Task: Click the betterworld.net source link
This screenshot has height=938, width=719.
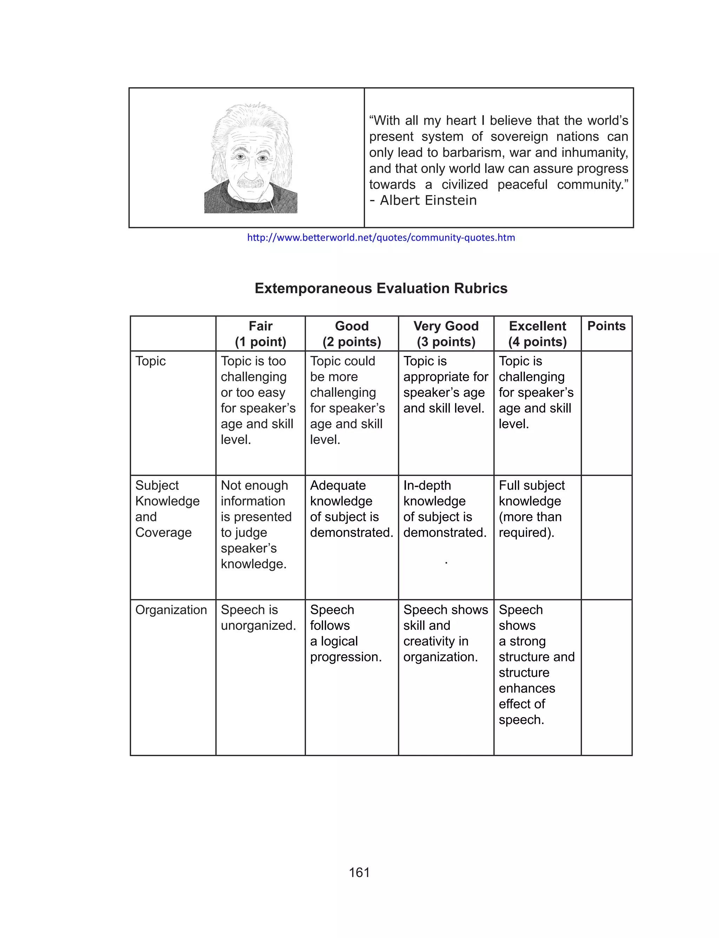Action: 381,238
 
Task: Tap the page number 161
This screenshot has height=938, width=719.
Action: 359,873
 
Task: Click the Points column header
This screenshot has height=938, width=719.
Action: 606,326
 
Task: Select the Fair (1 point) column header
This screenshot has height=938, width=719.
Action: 260,334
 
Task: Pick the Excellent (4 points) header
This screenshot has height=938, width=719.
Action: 537,334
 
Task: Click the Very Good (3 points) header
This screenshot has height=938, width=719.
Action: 446,334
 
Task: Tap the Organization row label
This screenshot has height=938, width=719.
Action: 171,609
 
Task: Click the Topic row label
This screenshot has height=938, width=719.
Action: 150,361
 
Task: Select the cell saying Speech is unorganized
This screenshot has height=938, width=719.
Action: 258,617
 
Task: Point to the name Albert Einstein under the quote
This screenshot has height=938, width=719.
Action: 428,200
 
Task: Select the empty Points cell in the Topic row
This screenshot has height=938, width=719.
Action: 606,413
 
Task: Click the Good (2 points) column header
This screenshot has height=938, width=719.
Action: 351,334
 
